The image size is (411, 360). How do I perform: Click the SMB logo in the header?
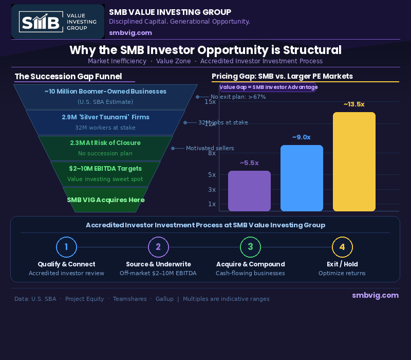point(58,22)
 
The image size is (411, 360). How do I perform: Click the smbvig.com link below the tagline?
point(130,32)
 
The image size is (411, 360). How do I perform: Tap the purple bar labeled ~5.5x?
point(249,191)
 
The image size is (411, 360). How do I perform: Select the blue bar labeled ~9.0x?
point(302,178)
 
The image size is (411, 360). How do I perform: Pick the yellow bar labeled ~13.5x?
point(354,161)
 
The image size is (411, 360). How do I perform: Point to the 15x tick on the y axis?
point(210,102)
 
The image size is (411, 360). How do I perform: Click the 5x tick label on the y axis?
point(212,174)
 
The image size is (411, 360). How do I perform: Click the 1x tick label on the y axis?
point(212,204)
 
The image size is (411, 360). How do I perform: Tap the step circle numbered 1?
point(66,247)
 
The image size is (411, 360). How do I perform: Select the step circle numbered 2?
point(158,247)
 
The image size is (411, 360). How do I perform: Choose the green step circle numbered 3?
point(250,247)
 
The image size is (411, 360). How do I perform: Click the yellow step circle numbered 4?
point(342,247)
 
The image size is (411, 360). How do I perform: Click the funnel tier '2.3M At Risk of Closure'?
point(105,148)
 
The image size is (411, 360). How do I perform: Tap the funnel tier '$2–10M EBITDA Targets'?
point(105,173)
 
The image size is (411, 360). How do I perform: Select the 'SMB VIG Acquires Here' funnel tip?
point(105,200)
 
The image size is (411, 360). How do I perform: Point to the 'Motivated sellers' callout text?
point(210,148)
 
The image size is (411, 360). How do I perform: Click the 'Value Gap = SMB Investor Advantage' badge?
point(268,87)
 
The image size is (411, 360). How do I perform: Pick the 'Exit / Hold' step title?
point(342,264)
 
